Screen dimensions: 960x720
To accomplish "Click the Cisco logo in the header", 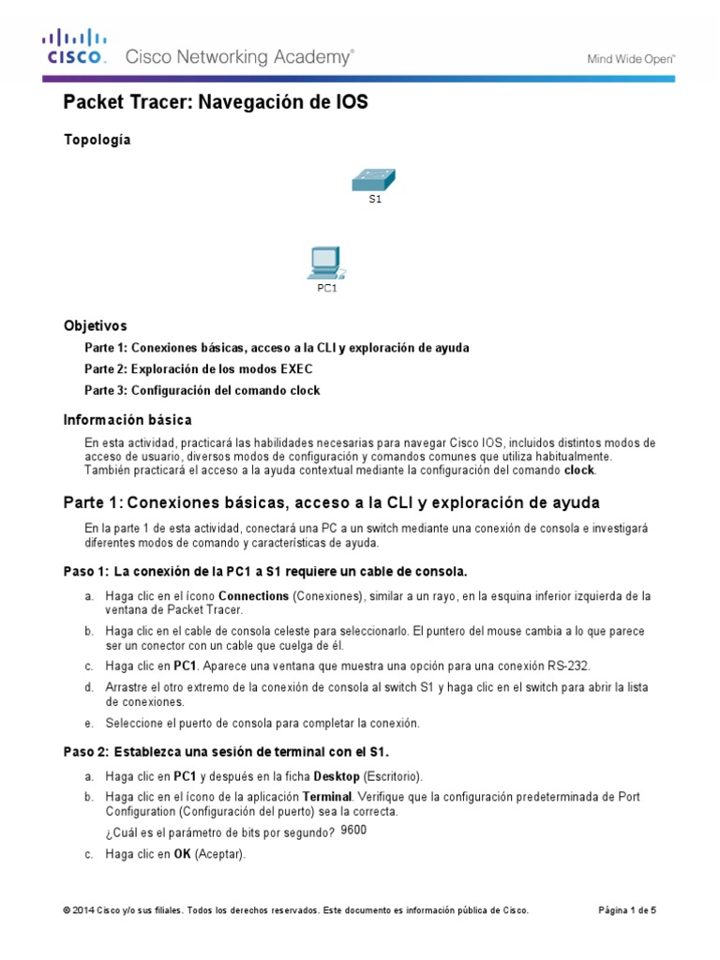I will [73, 48].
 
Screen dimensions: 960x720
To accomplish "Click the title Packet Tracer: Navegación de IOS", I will [215, 103].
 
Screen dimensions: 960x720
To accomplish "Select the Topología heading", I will [97, 140].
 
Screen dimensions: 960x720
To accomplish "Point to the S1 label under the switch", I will [375, 200].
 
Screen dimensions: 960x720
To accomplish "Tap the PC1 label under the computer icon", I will [325, 289].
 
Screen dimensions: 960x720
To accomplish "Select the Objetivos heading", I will [95, 326].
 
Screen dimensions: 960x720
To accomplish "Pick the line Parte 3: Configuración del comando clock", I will [202, 390].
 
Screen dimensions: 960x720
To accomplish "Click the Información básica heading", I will [127, 419].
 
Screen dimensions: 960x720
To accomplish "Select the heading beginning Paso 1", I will [264, 571].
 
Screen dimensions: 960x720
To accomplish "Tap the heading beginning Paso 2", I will [225, 752].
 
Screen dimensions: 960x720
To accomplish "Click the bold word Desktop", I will [337, 776].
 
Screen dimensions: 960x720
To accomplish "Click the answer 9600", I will [354, 831].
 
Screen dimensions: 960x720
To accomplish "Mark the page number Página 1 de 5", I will [627, 910].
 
